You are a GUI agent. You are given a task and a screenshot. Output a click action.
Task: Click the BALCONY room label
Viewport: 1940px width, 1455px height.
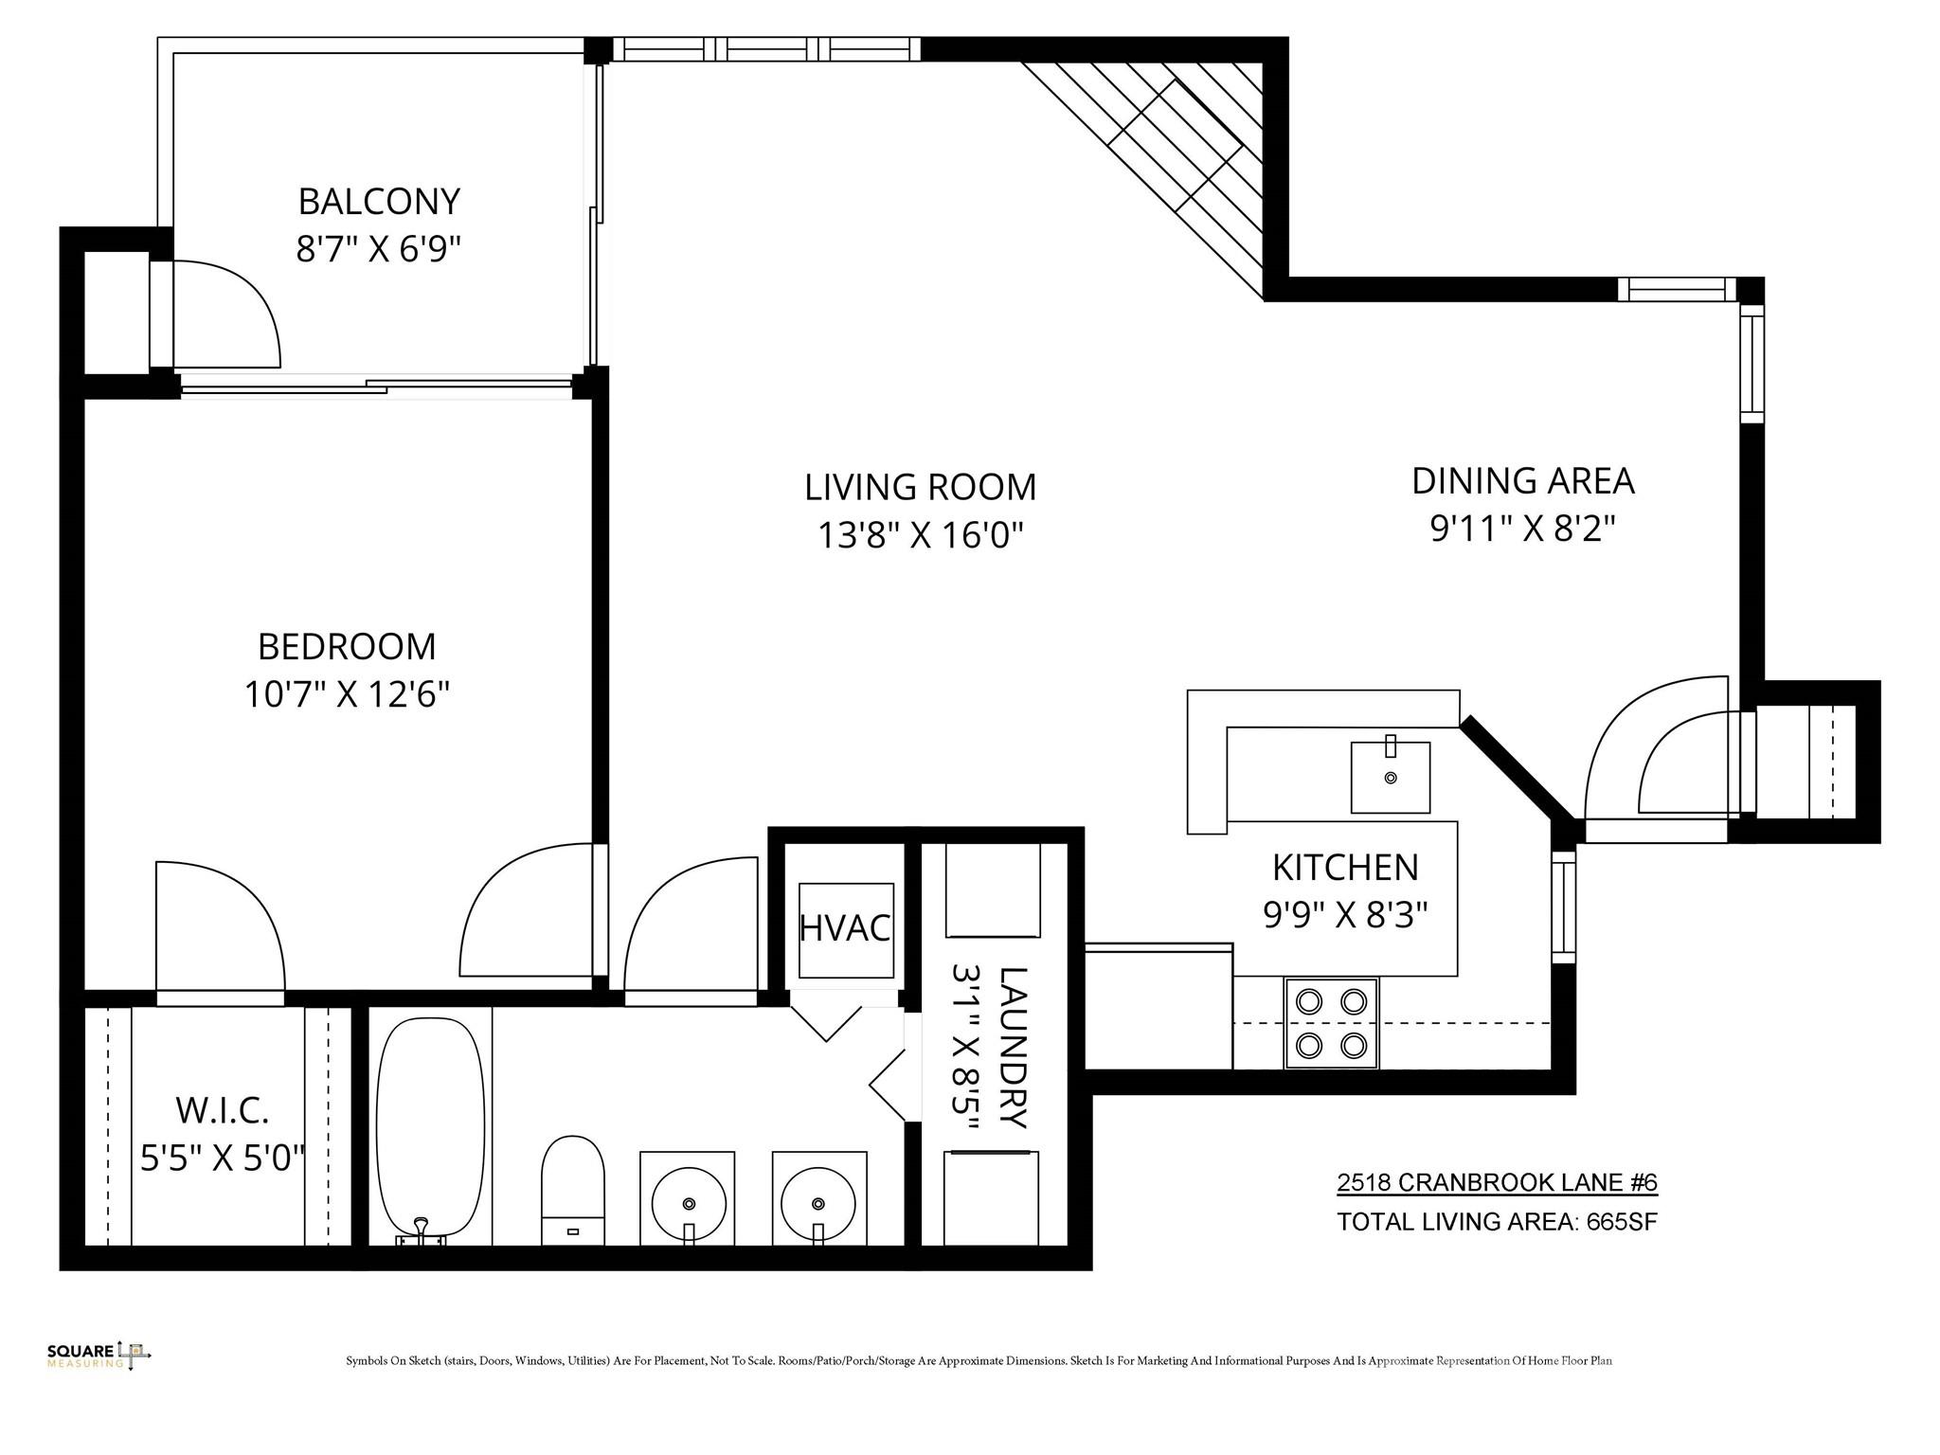[379, 202]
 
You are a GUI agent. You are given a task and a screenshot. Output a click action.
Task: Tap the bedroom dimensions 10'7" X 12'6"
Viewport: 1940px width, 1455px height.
[347, 695]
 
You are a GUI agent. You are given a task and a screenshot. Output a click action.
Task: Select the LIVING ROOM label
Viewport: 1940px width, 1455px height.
[920, 487]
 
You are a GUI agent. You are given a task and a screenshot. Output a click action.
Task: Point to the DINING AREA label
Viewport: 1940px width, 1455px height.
[1522, 481]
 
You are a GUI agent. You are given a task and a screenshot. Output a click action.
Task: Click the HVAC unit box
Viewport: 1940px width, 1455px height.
[846, 929]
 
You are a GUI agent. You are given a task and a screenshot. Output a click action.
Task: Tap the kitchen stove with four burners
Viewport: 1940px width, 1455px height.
[1331, 1023]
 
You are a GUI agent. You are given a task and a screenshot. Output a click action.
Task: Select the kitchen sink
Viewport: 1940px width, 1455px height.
[1390, 777]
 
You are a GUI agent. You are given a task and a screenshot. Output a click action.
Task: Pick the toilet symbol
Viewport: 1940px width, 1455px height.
[572, 1190]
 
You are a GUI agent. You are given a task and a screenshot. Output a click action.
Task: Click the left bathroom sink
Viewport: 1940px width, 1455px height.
[688, 1198]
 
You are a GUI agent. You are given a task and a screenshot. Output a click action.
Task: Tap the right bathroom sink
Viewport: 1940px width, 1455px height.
[818, 1198]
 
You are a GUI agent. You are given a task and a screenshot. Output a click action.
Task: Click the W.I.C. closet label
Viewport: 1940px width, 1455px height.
[223, 1108]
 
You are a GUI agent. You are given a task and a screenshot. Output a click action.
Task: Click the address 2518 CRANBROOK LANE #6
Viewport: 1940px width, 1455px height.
[1497, 1182]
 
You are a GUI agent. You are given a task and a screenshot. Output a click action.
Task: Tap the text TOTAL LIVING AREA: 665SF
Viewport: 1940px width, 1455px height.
[1497, 1222]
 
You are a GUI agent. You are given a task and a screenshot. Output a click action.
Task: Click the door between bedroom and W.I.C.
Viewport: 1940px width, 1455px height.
[220, 933]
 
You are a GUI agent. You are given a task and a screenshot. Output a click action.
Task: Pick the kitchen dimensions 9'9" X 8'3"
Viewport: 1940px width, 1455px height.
[1345, 914]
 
